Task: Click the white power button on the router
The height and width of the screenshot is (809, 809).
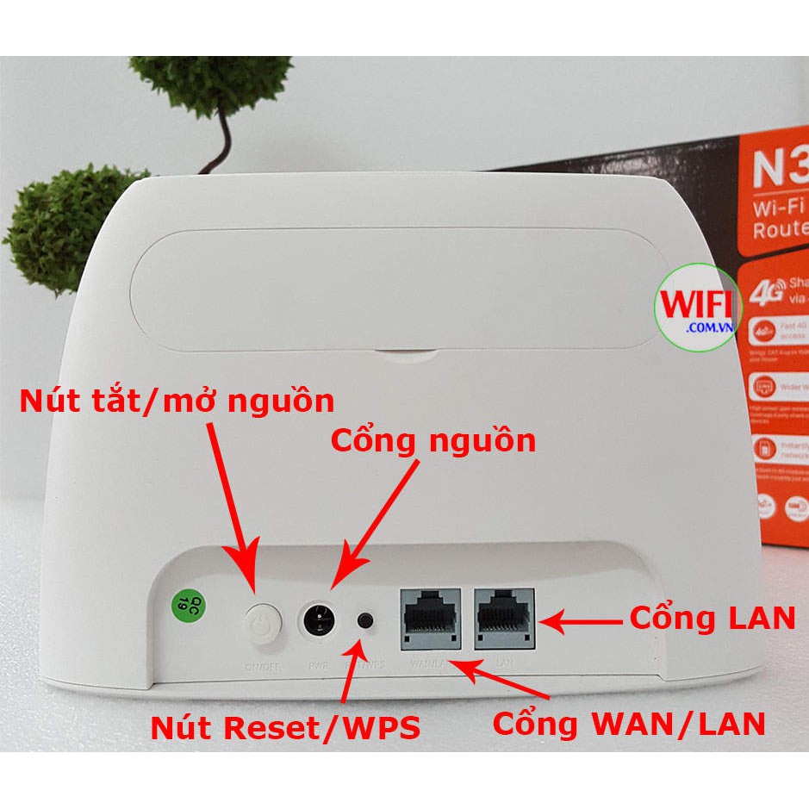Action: tap(263, 623)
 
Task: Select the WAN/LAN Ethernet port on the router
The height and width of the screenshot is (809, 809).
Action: tap(427, 619)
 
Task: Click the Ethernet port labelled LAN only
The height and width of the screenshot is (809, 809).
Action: tap(503, 619)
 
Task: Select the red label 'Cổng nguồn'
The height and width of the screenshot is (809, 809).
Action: tap(433, 440)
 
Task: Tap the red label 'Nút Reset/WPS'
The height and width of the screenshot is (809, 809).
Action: tap(285, 728)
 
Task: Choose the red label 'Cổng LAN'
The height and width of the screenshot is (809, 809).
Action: tap(712, 618)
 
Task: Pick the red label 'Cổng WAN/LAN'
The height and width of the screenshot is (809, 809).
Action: tap(629, 724)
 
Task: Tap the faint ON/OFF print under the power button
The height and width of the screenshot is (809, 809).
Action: tap(262, 665)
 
